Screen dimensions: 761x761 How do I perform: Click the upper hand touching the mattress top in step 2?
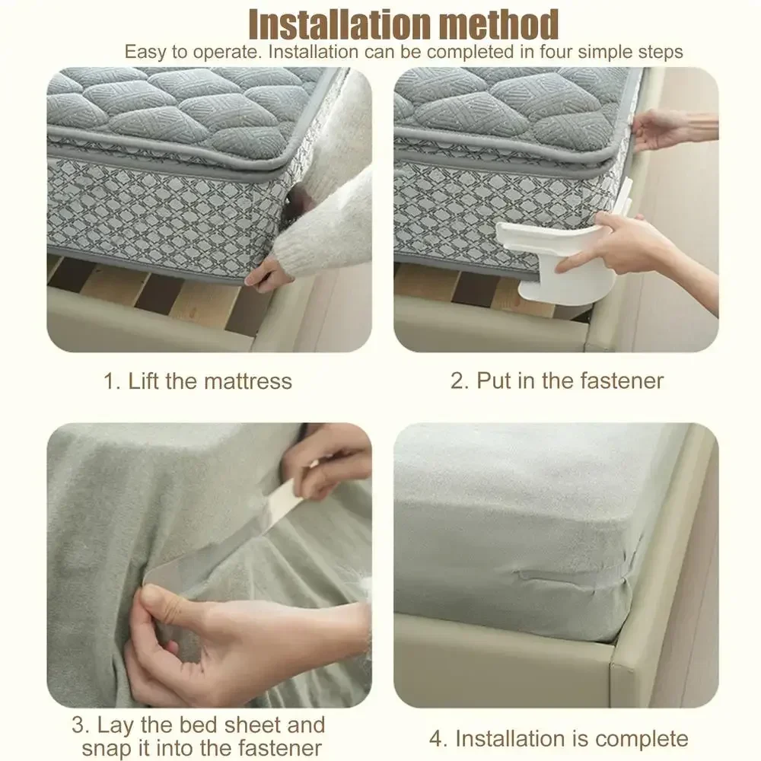[666, 128]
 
